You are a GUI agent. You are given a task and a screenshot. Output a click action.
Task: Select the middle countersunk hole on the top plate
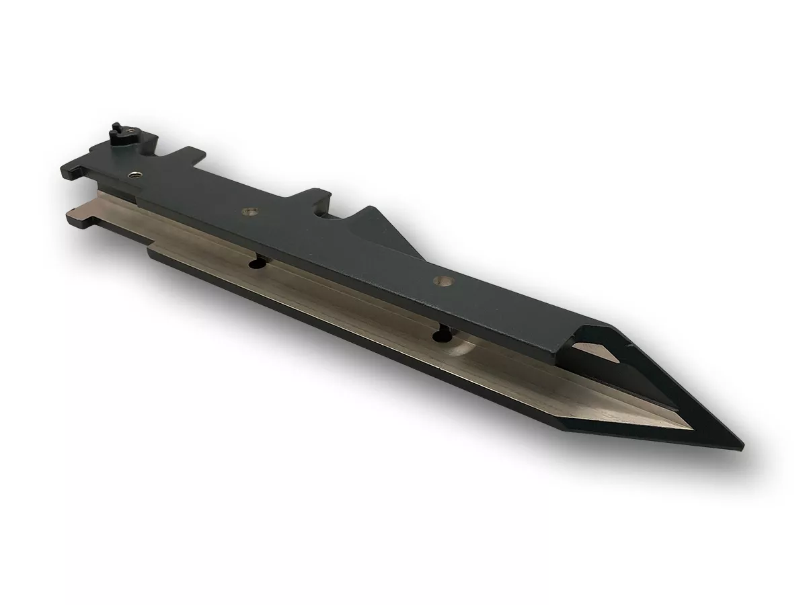pyautogui.click(x=250, y=212)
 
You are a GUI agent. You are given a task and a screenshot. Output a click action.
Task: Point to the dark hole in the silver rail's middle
pyautogui.click(x=256, y=265)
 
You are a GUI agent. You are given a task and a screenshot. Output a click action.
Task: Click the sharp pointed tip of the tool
pyautogui.click(x=742, y=446)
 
